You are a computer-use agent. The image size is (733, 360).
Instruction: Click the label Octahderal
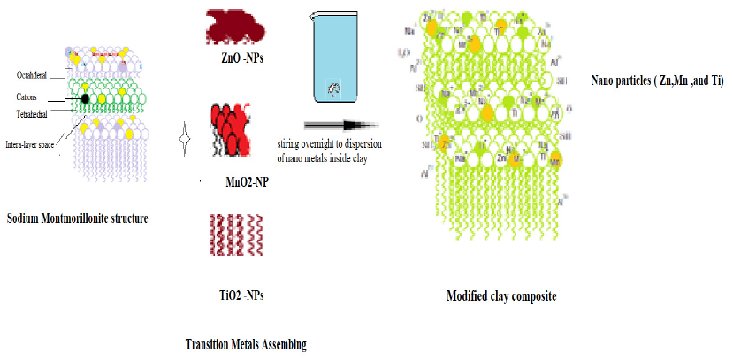click(x=35, y=74)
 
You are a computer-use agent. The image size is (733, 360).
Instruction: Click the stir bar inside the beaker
click(x=334, y=87)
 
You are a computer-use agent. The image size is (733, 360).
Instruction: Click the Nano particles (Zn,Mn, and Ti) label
click(x=657, y=80)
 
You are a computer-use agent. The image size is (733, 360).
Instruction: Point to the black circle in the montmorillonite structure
click(x=85, y=96)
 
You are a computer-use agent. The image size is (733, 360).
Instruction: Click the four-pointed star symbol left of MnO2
click(x=185, y=140)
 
